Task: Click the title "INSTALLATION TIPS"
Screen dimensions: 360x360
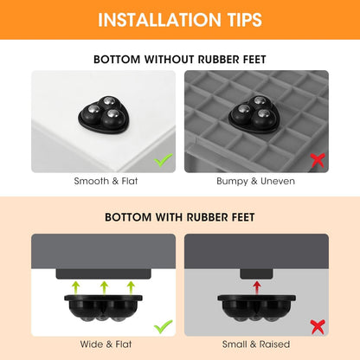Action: (x=180, y=20)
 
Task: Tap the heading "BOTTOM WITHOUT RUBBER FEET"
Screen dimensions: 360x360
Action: (x=180, y=60)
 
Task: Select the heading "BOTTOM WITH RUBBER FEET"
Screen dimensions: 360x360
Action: (x=180, y=217)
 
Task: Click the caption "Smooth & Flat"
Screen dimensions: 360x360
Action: (x=106, y=181)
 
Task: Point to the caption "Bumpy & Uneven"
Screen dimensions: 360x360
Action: (x=256, y=182)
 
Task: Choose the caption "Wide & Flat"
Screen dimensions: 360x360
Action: (x=106, y=344)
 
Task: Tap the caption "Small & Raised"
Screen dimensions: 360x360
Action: (x=256, y=344)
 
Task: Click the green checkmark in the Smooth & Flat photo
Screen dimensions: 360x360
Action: (x=163, y=160)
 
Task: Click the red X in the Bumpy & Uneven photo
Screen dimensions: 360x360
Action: (x=318, y=160)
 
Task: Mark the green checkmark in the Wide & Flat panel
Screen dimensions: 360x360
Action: (x=163, y=326)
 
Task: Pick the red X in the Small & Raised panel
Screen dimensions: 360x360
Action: (x=318, y=327)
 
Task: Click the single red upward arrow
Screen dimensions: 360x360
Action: (x=257, y=288)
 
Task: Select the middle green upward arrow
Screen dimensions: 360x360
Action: (x=104, y=288)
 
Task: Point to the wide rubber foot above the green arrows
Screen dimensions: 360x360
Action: (x=103, y=274)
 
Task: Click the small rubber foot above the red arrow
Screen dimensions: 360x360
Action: (x=256, y=274)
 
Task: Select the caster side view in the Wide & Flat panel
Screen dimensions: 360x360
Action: (x=103, y=308)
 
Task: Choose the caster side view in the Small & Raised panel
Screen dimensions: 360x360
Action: (x=256, y=308)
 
